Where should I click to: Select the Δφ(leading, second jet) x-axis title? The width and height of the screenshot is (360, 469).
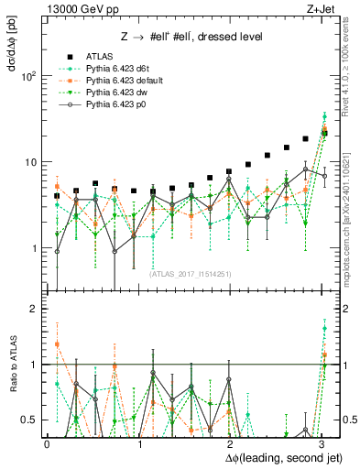(x=272, y=456)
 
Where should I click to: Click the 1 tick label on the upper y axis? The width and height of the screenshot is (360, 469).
(x=34, y=248)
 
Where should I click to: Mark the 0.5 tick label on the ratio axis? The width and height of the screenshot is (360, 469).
(x=30, y=420)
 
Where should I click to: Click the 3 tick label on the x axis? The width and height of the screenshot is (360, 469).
(x=322, y=443)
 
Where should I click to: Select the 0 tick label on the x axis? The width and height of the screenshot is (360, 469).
(x=46, y=443)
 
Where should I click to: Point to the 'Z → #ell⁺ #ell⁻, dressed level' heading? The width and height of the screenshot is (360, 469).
(x=193, y=37)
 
